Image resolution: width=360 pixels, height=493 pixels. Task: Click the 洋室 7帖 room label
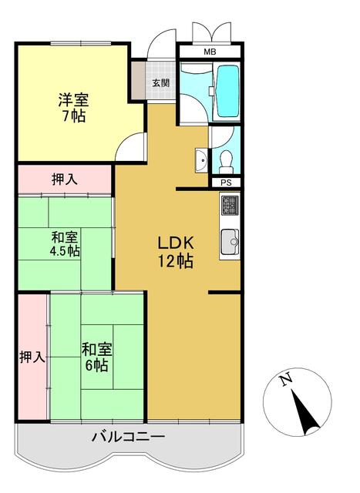[74, 108]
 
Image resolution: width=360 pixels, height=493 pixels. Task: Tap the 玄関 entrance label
[160, 82]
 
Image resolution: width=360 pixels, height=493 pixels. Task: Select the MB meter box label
[210, 52]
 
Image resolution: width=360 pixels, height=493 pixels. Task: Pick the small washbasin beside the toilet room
[200, 161]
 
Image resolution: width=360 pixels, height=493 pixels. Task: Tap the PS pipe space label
[226, 183]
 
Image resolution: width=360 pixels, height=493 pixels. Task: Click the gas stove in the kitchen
[230, 206]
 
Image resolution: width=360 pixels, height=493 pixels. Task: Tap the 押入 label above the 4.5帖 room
[64, 179]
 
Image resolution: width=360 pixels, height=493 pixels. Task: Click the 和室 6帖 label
[96, 357]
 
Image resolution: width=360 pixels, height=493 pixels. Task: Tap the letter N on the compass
[285, 379]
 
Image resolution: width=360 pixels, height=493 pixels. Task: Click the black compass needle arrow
[303, 410]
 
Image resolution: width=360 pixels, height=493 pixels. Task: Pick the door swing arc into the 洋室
[133, 147]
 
